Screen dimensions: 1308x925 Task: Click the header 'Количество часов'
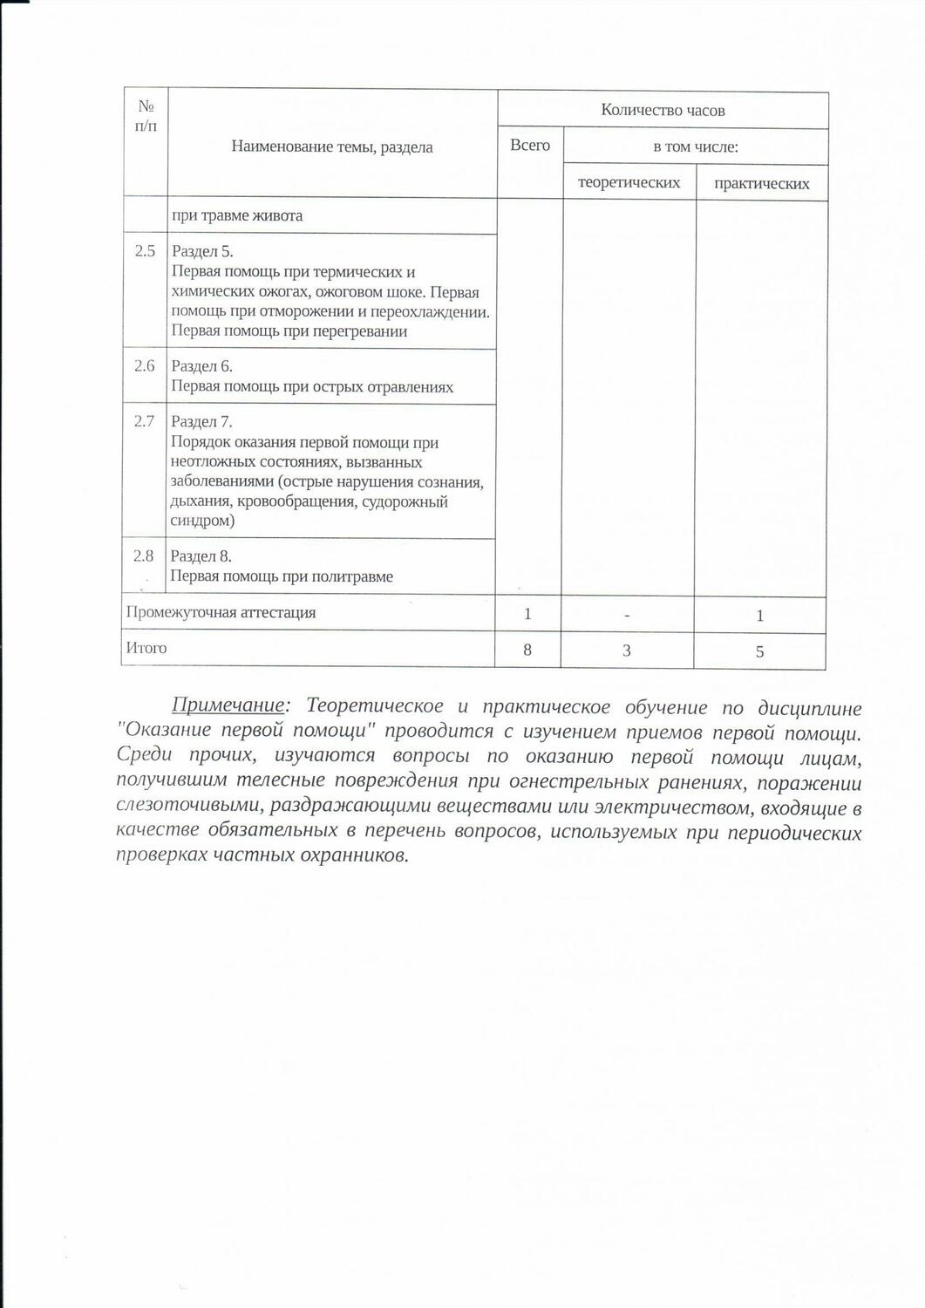point(663,111)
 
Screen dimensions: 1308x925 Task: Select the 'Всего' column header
point(530,146)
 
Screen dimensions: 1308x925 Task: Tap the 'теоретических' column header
point(629,183)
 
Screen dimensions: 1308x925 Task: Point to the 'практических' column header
point(761,184)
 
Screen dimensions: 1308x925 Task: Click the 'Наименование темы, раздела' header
point(332,146)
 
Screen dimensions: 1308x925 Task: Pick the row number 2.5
point(145,251)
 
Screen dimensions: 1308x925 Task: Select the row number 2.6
point(145,366)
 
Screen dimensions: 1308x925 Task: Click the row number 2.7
point(144,422)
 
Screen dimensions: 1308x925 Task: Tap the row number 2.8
point(143,556)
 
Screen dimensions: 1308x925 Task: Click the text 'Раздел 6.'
point(201,366)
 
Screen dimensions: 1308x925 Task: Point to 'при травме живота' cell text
point(237,215)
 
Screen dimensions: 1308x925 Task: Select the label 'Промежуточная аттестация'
point(221,612)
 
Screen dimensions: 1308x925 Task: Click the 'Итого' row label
point(146,648)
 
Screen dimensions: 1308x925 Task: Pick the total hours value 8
point(527,650)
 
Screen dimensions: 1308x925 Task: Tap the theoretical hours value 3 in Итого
point(627,651)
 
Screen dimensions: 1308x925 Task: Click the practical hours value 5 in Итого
point(759,651)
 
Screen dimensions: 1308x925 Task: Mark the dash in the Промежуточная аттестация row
point(627,615)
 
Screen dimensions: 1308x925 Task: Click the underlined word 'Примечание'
point(228,706)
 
